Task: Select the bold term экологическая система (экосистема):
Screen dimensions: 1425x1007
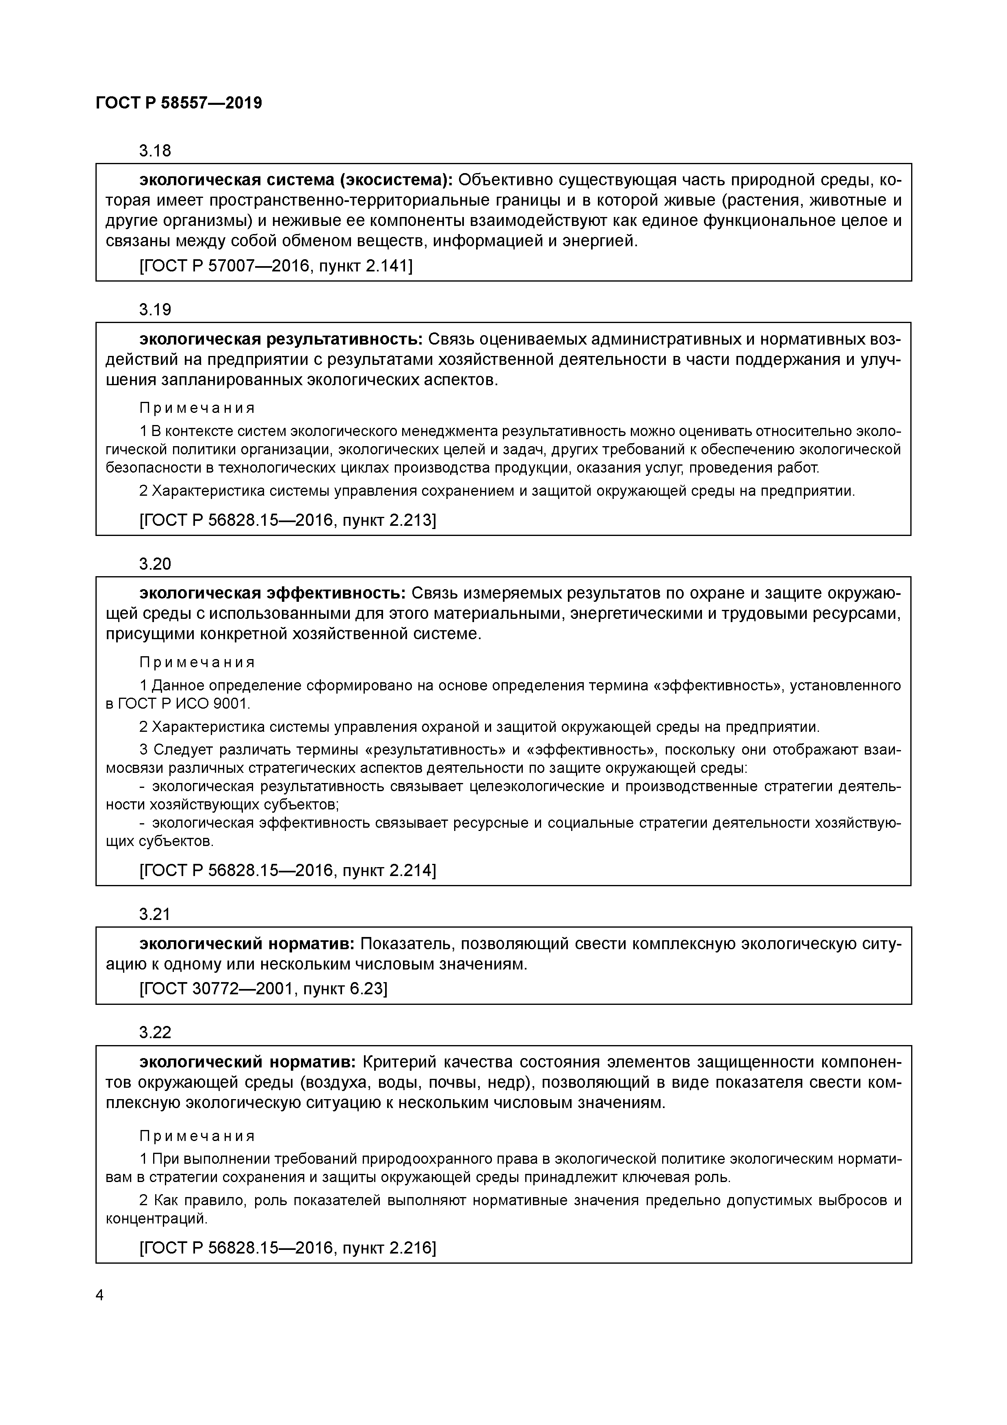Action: [296, 180]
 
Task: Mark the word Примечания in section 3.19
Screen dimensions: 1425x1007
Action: [197, 408]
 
